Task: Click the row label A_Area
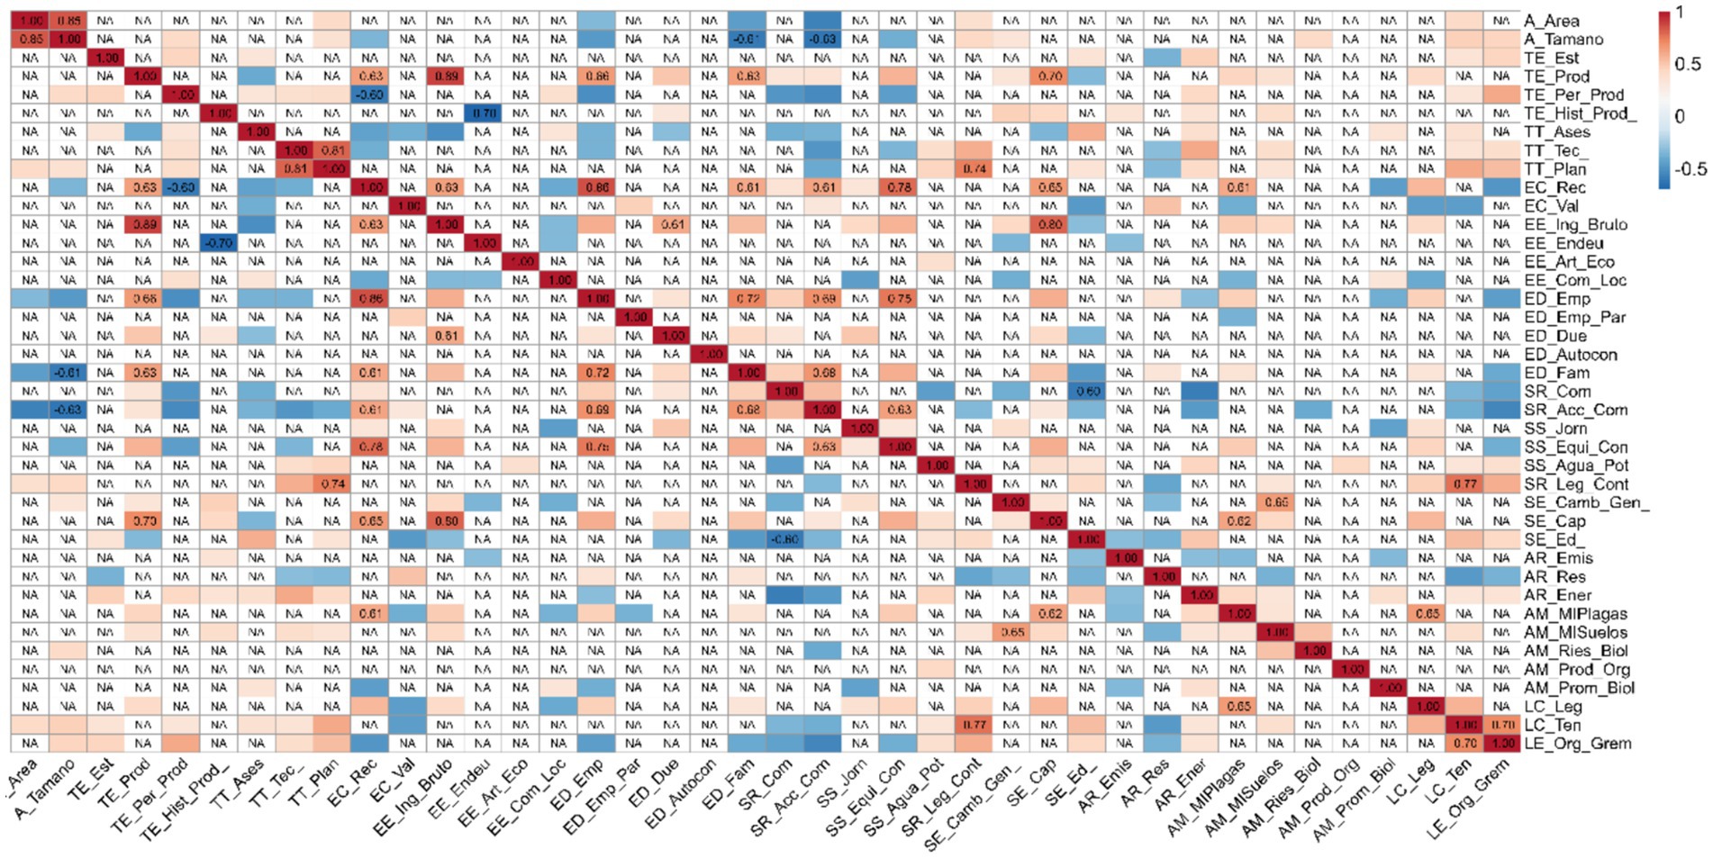pos(1551,21)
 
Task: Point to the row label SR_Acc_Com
pos(1575,410)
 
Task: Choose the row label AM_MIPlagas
pos(1575,614)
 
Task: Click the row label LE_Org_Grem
pos(1577,744)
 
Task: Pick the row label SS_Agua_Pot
pos(1576,465)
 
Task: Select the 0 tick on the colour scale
pos(1680,116)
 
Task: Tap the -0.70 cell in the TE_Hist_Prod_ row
pos(485,113)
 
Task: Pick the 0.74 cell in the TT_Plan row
pos(973,168)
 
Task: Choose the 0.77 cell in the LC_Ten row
pos(973,725)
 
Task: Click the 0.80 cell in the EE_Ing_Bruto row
pos(1048,224)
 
